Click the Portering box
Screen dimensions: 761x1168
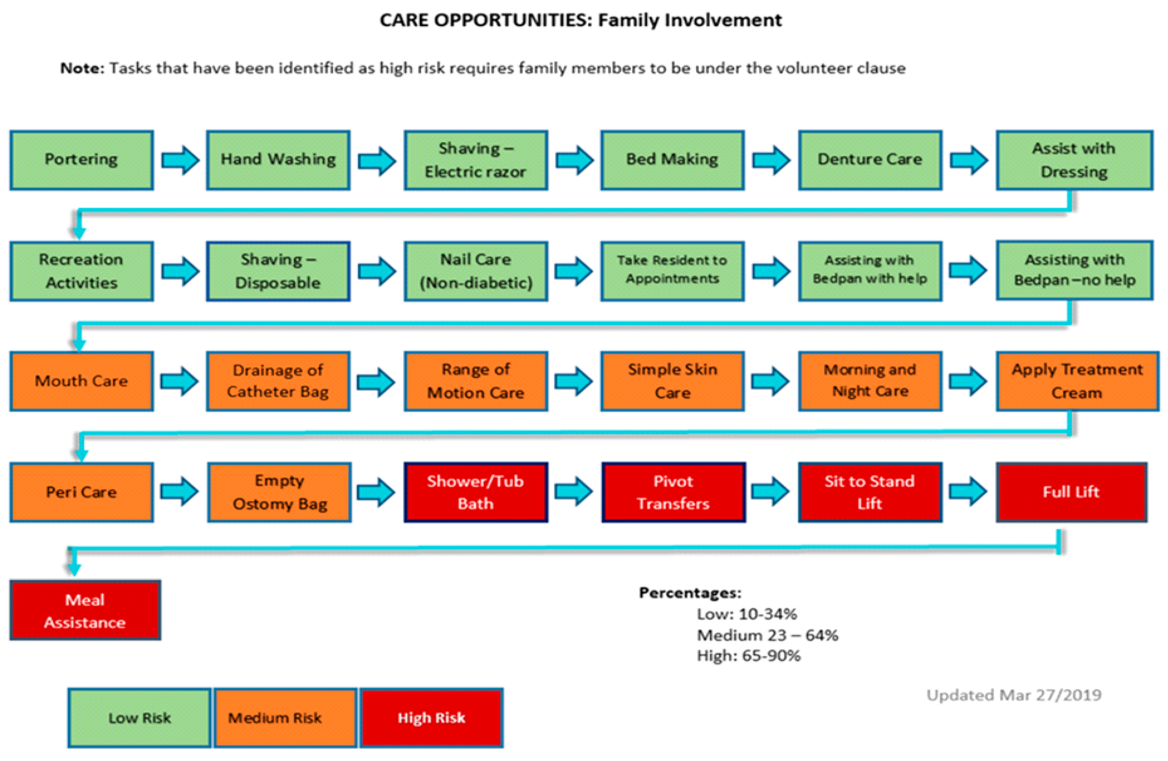point(81,160)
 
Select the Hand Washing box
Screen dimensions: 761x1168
point(278,160)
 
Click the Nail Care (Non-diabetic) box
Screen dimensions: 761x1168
point(475,271)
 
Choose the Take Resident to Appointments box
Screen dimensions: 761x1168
point(672,271)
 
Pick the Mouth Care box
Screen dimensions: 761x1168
point(81,381)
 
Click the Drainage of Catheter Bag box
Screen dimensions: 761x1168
point(278,381)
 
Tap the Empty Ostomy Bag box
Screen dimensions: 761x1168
point(279,492)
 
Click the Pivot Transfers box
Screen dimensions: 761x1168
point(673,492)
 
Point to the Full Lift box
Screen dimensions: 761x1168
point(1071,492)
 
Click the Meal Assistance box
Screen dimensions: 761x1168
point(85,610)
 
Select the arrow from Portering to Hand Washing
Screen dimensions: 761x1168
point(180,160)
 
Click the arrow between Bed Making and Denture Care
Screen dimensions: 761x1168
point(771,160)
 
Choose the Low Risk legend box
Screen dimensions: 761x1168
point(139,718)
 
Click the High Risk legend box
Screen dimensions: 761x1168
point(431,718)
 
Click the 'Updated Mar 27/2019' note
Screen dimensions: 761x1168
point(1014,695)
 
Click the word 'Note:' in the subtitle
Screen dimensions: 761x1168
point(82,68)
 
